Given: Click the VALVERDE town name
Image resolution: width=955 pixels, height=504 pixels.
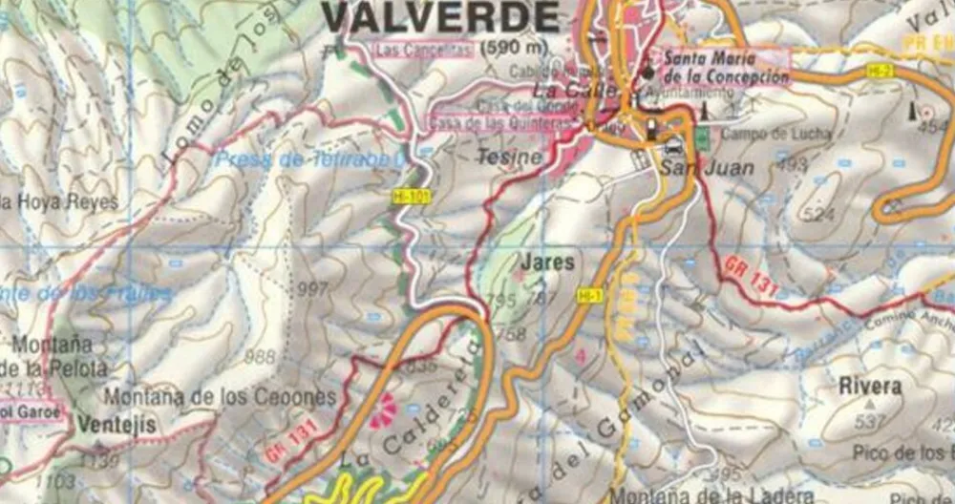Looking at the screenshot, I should (x=440, y=17).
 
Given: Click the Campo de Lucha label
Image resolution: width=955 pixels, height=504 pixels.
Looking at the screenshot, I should (x=763, y=135).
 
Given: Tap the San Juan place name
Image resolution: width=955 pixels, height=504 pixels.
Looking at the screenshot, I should (x=707, y=168).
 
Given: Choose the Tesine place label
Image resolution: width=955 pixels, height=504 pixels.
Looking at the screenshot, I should (x=509, y=157).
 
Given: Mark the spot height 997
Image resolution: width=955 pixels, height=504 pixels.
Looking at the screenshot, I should (x=312, y=289).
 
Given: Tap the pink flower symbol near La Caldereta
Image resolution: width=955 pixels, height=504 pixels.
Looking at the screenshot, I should (x=383, y=409).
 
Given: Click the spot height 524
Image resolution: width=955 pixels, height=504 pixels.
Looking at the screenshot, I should (x=817, y=215).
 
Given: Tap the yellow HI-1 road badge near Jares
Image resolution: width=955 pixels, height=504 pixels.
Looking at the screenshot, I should (x=589, y=297).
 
